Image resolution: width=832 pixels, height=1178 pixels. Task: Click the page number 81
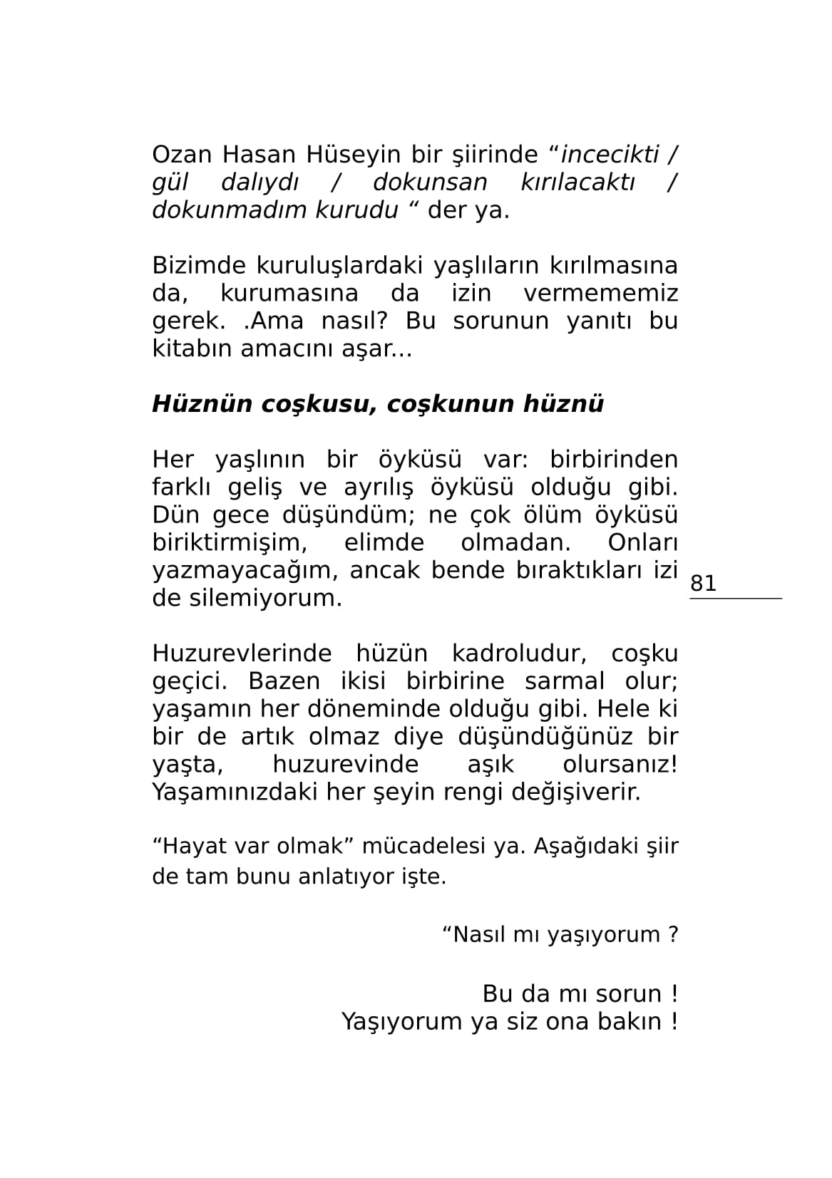(x=703, y=583)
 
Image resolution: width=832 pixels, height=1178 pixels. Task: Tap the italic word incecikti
(x=610, y=154)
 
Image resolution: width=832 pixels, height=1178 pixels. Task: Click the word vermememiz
(x=600, y=293)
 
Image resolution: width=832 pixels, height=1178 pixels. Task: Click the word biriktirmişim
(x=230, y=542)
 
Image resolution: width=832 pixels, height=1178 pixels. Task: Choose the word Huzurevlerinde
(x=242, y=653)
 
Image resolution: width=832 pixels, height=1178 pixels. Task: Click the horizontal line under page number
(x=735, y=598)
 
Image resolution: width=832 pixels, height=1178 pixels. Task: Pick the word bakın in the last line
(x=628, y=1021)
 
